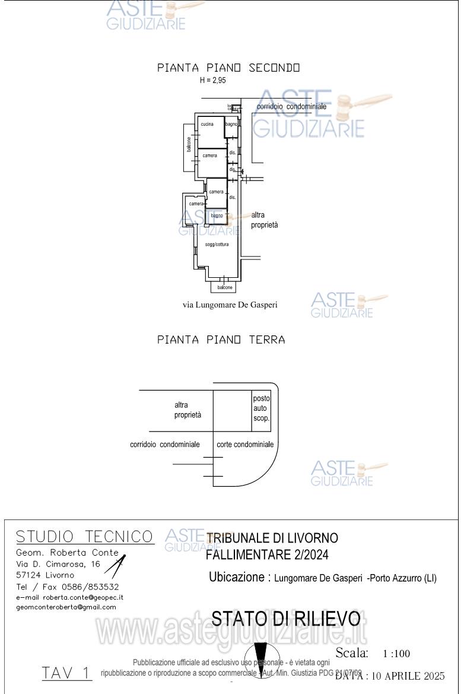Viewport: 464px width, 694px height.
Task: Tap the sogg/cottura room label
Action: point(217,245)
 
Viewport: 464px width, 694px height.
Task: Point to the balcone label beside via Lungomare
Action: point(225,287)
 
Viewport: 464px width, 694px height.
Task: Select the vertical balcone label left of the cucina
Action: point(189,145)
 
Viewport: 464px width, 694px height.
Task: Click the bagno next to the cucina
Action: point(231,125)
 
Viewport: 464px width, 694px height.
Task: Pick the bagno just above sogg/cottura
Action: point(217,216)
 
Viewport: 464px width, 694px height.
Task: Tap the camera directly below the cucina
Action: point(210,156)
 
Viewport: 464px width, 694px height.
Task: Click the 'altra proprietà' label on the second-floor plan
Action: point(265,220)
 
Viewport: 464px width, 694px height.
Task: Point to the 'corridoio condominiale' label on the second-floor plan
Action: point(291,106)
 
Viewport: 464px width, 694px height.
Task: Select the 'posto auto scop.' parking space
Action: point(262,408)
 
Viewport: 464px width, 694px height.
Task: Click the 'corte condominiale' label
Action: point(245,444)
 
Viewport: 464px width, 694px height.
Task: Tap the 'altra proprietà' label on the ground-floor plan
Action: point(187,410)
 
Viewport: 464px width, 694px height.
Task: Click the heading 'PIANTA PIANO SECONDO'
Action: point(228,68)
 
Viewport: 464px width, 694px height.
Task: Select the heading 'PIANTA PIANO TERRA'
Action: point(221,340)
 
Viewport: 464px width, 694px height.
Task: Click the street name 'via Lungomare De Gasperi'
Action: point(230,305)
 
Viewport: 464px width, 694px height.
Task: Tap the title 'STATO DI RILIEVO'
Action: point(286,619)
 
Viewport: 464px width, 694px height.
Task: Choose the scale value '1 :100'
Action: point(396,654)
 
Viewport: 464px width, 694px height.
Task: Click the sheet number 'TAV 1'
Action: point(66,673)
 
